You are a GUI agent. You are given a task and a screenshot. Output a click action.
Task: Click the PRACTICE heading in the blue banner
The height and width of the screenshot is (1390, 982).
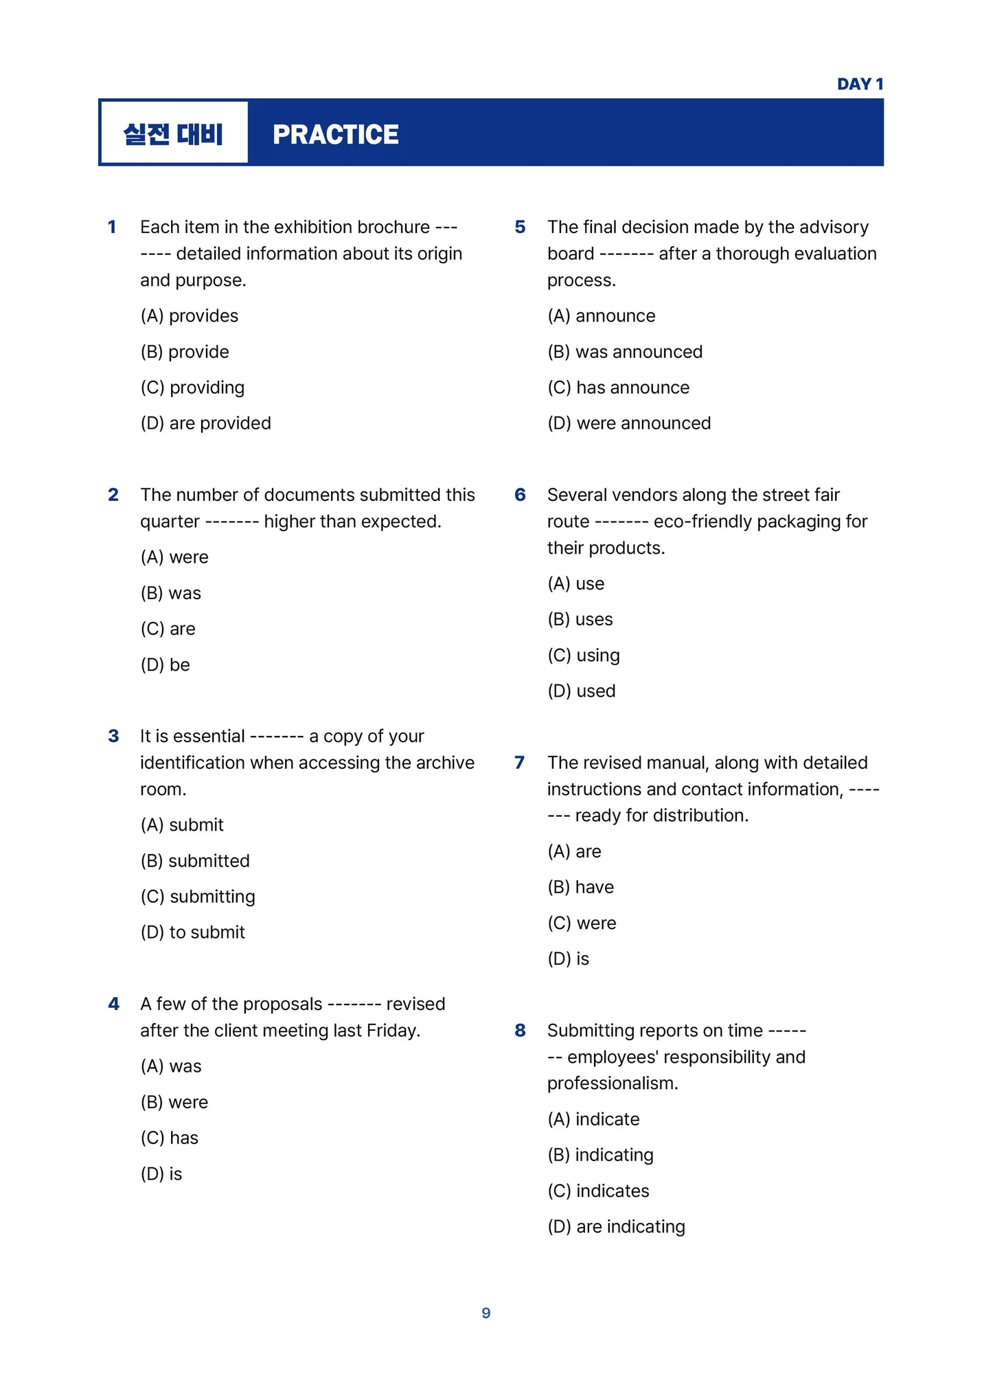[x=335, y=135]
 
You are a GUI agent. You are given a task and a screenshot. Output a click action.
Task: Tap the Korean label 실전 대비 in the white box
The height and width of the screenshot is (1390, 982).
[x=173, y=133]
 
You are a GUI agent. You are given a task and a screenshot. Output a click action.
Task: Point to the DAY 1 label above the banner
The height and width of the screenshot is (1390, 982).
[x=859, y=85]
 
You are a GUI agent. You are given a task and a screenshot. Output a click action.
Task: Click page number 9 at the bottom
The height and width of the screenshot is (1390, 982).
[x=486, y=1313]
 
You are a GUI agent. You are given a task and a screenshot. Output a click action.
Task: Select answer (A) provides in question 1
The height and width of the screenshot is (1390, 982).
[x=190, y=316]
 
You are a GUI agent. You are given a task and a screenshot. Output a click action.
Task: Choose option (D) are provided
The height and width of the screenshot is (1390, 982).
[x=205, y=423]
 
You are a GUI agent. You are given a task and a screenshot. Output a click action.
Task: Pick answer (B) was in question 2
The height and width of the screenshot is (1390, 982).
[x=171, y=593]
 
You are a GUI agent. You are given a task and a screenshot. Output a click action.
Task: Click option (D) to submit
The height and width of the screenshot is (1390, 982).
[x=192, y=932]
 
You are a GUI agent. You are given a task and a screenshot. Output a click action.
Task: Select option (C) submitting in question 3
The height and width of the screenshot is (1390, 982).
[x=198, y=897]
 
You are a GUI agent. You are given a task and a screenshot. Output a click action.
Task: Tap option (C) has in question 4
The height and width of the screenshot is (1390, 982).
[x=170, y=1138]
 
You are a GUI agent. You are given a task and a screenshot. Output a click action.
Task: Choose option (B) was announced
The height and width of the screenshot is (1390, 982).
[x=625, y=352]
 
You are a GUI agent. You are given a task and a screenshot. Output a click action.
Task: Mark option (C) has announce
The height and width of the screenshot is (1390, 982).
[x=618, y=388]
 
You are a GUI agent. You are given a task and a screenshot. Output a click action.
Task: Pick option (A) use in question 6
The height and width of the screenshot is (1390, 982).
[x=575, y=584]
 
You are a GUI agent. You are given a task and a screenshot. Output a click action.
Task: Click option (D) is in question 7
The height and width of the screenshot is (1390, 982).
[x=568, y=959]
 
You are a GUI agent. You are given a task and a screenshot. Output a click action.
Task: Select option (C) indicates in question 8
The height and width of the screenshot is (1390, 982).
[x=598, y=1191]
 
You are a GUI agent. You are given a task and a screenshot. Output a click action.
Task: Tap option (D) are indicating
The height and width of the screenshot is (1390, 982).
[x=616, y=1226]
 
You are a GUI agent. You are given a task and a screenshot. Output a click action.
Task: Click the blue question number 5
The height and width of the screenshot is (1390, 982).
[x=520, y=227]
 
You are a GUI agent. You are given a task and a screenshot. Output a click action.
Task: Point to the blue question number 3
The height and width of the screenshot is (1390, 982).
[x=113, y=737]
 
